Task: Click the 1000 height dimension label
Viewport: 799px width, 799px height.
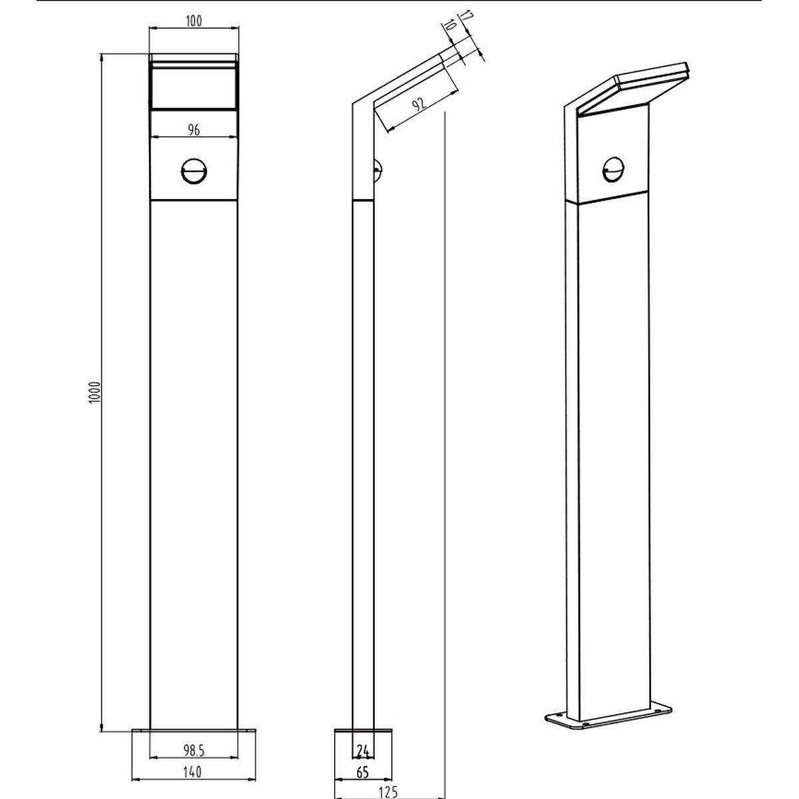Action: click(x=95, y=392)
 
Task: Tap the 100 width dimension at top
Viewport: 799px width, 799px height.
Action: click(x=194, y=21)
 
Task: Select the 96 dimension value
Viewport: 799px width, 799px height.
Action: click(x=194, y=130)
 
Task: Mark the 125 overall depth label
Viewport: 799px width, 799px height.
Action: click(x=388, y=792)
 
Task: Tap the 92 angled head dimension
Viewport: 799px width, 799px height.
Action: click(x=420, y=104)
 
